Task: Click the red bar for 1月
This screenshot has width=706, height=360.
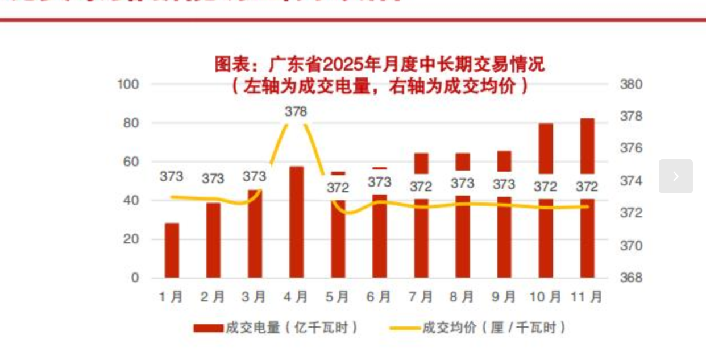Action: (172, 250)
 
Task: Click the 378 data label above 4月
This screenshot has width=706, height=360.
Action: (296, 112)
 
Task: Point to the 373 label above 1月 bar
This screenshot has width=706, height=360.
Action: (172, 176)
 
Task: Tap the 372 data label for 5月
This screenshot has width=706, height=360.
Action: (338, 187)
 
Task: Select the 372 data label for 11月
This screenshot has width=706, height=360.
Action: (587, 187)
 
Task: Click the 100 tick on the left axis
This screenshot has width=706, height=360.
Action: (128, 84)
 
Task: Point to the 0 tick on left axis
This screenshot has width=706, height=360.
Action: (135, 278)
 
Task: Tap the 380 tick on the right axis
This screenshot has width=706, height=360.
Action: (630, 84)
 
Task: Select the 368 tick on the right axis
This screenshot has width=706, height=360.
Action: (630, 278)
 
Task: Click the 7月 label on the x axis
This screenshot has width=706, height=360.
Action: (421, 297)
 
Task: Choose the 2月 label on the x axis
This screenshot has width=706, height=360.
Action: (213, 297)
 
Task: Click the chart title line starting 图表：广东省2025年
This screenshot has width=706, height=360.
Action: (379, 64)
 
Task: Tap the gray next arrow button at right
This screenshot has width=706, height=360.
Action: (675, 176)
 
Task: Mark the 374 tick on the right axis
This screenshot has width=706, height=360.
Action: (630, 181)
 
